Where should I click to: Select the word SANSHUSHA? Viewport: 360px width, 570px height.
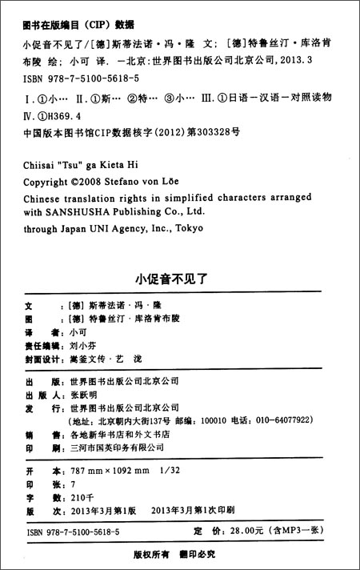97,213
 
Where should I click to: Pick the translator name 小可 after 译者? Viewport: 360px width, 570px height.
78,330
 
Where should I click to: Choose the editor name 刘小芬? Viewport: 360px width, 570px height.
83,345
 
